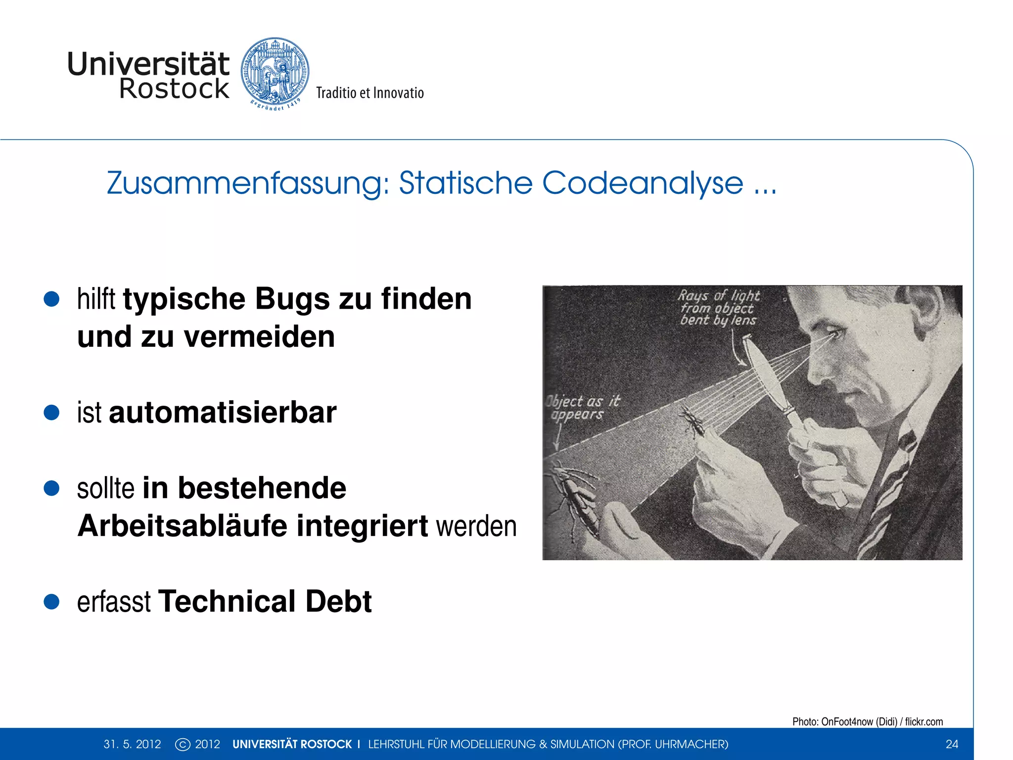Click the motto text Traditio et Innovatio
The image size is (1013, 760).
370,93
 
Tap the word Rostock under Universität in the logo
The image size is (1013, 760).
174,89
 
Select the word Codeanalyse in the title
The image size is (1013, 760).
643,183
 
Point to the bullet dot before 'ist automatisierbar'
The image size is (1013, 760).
51,413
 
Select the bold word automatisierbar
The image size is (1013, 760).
223,413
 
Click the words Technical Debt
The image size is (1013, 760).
265,602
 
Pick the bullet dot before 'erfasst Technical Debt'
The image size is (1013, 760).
51,602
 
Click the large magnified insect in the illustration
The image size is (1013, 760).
576,500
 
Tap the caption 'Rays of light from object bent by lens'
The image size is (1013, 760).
718,308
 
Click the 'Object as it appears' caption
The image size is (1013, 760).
583,407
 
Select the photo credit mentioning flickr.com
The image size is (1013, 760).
867,721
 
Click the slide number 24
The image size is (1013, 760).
952,744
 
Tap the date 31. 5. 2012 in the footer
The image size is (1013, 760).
132,744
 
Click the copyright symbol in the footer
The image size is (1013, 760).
183,744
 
